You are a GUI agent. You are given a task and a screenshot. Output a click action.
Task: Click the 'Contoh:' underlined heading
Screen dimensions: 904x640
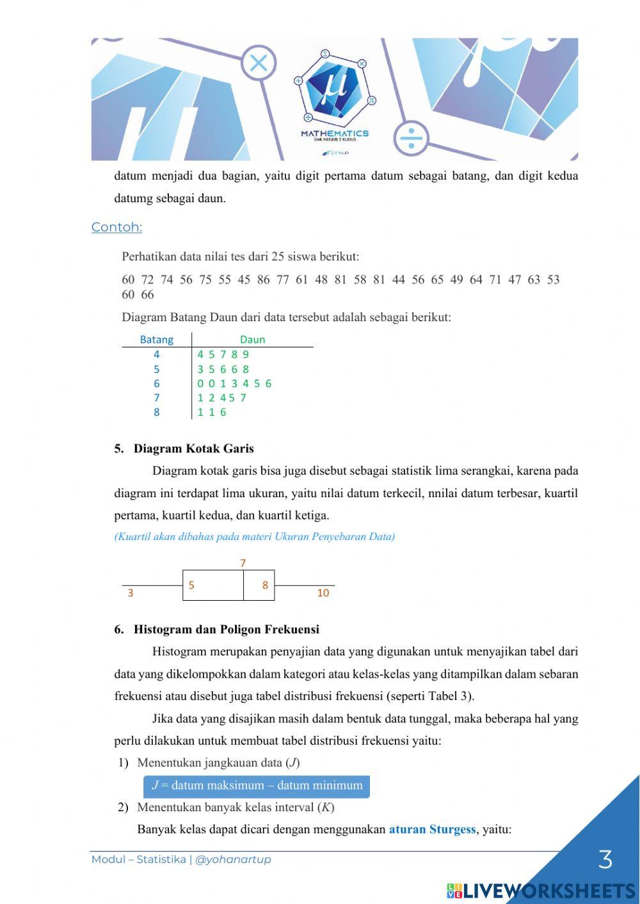[116, 227]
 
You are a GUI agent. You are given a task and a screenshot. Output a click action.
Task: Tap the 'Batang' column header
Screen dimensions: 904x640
[156, 340]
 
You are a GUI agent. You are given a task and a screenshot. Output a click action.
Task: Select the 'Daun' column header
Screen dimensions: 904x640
[252, 340]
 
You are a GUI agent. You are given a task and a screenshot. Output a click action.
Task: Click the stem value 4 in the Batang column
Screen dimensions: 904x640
[156, 354]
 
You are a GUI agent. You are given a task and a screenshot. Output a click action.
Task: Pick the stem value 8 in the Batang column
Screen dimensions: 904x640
[156, 413]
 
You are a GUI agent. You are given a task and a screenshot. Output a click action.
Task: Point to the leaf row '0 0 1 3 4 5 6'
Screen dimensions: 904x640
[234, 384]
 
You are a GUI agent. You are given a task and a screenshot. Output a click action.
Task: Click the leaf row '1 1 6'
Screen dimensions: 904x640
[212, 413]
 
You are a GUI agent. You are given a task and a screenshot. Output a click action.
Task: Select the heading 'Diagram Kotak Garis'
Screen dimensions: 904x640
[193, 448]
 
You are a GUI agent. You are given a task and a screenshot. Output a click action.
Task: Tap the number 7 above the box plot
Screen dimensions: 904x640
[243, 563]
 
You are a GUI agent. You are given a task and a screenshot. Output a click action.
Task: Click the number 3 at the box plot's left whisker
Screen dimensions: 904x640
[131, 593]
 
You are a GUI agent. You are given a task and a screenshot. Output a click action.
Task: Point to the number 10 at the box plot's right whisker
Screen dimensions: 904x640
[323, 593]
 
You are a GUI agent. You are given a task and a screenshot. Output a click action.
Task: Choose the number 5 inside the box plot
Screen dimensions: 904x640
[191, 585]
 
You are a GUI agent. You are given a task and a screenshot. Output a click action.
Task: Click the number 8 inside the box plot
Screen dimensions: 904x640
[265, 585]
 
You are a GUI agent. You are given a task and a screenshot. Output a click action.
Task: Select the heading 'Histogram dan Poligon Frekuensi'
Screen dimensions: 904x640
[226, 630]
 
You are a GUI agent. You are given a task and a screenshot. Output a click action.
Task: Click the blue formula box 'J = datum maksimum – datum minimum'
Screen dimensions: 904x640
[256, 786]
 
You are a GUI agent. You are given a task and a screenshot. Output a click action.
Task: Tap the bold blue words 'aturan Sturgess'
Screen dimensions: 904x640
[432, 830]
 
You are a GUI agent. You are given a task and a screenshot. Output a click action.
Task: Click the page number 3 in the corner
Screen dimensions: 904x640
[605, 860]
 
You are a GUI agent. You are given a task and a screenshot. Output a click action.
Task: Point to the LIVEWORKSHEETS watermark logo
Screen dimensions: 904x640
[541, 891]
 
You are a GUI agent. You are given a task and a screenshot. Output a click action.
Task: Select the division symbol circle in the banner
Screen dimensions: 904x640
[411, 138]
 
